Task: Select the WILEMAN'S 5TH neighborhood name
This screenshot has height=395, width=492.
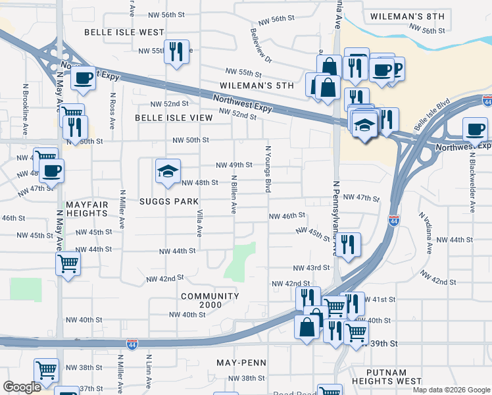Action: [257, 86]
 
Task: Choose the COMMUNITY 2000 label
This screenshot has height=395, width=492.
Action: [210, 300]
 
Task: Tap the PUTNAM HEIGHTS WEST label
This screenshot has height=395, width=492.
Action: [386, 377]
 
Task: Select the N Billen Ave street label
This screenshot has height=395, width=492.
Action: [233, 194]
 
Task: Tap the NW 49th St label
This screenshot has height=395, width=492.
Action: [235, 165]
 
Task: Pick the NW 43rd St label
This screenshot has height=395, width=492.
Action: [310, 267]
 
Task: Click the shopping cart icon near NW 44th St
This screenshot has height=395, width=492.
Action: [68, 264]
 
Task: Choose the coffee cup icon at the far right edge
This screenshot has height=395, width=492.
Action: [474, 128]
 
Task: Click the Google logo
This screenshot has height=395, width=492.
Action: [22, 387]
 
